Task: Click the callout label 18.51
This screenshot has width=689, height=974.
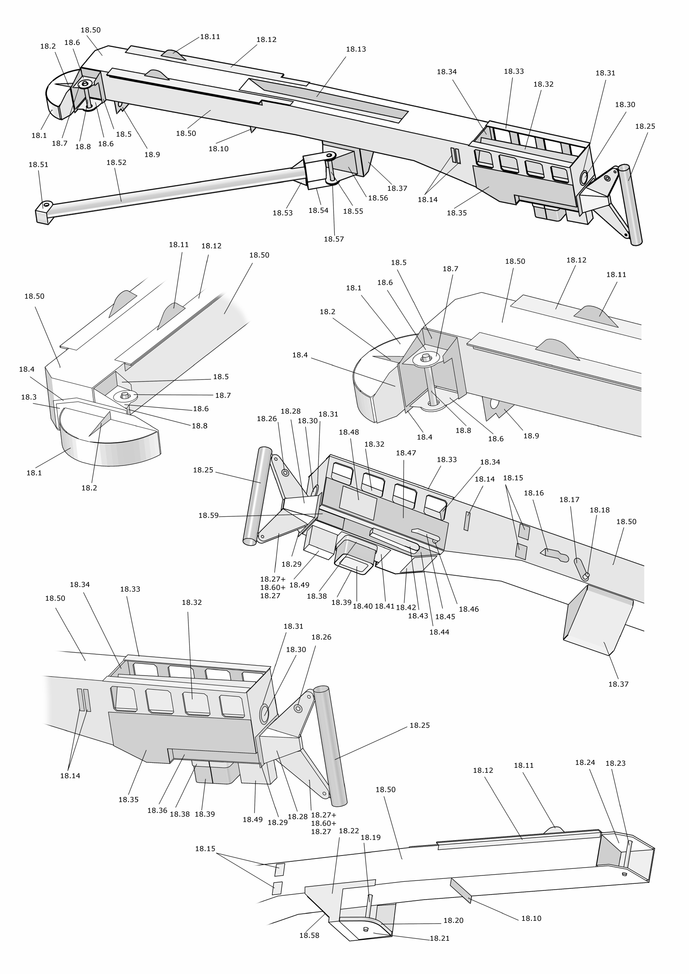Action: pyautogui.click(x=38, y=165)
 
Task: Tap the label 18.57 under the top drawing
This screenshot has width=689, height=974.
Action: pyautogui.click(x=333, y=239)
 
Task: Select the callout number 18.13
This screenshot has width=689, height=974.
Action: pyautogui.click(x=356, y=49)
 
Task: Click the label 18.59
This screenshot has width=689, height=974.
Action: pyautogui.click(x=208, y=515)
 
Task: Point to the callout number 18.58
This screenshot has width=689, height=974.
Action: pyautogui.click(x=309, y=935)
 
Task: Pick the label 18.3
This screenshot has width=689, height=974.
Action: pyautogui.click(x=28, y=397)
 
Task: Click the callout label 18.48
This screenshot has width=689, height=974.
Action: pyautogui.click(x=349, y=432)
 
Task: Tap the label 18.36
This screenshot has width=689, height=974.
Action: pyautogui.click(x=157, y=810)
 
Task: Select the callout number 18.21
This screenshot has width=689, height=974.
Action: pyautogui.click(x=439, y=938)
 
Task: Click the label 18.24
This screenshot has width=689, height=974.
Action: pyautogui.click(x=585, y=762)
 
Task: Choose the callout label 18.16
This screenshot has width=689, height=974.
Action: pyautogui.click(x=533, y=493)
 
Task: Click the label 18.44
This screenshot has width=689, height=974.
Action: pyautogui.click(x=439, y=632)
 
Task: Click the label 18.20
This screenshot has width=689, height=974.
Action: pyautogui.click(x=453, y=920)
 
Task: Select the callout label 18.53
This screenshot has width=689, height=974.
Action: pyautogui.click(x=282, y=213)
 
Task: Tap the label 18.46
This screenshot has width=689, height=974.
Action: pyautogui.click(x=468, y=609)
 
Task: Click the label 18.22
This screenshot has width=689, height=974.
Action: pyautogui.click(x=349, y=831)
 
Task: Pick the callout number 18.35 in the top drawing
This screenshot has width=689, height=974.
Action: pyautogui.click(x=456, y=213)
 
